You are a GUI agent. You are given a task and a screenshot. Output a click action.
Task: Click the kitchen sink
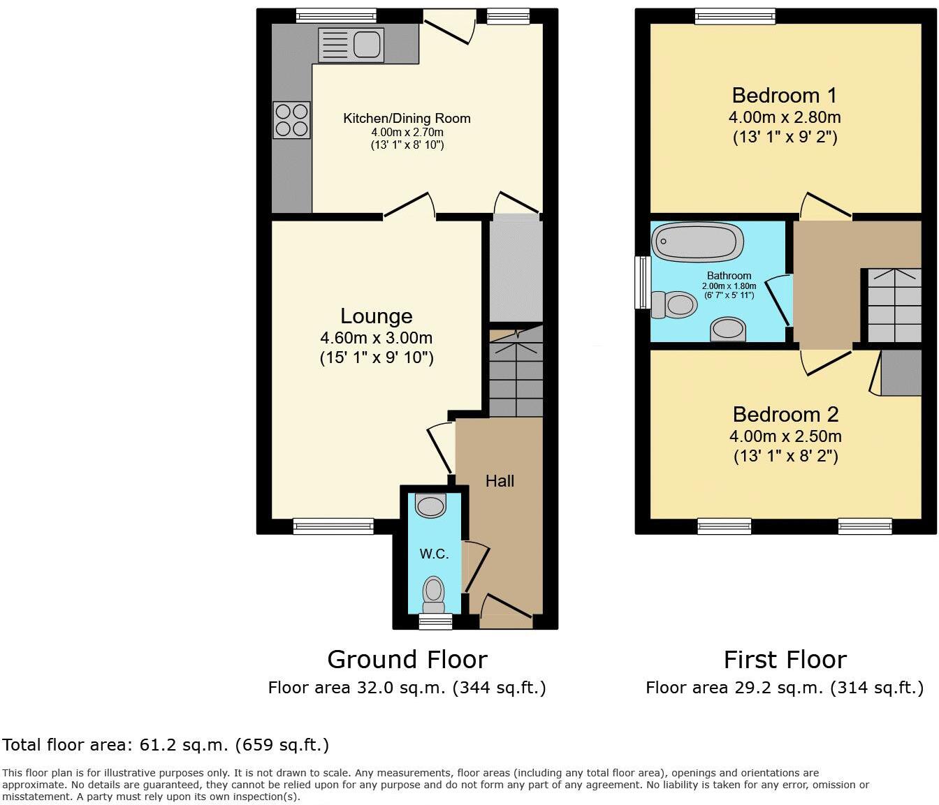point(351,45)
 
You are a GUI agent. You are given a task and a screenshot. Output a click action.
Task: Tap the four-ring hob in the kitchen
point(291,120)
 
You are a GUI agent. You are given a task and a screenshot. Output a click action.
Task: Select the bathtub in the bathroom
point(697,242)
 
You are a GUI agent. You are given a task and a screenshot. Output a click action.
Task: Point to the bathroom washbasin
point(727,329)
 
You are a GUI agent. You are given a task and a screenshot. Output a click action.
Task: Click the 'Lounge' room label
point(376,316)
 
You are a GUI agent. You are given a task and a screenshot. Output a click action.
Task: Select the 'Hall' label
point(500,481)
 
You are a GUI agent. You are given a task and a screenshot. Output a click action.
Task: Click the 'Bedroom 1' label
point(784,95)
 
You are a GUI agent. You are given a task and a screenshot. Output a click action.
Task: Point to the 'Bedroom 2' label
point(785,414)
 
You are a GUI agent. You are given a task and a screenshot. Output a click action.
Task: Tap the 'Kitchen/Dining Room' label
point(407,119)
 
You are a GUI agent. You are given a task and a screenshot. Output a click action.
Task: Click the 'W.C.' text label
point(434,554)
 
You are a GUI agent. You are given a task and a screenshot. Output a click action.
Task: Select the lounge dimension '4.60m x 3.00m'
point(376,338)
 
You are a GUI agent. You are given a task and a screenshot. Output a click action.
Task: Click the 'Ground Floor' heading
point(407,659)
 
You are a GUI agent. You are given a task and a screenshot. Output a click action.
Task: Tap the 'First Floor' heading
point(785,659)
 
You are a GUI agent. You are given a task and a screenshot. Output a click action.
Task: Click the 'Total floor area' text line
point(166,745)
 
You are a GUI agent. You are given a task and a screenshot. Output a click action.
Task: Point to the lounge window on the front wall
point(333,526)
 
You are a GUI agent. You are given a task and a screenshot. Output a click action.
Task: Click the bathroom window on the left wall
point(641,282)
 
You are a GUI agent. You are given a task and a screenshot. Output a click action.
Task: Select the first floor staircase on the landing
point(894,305)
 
